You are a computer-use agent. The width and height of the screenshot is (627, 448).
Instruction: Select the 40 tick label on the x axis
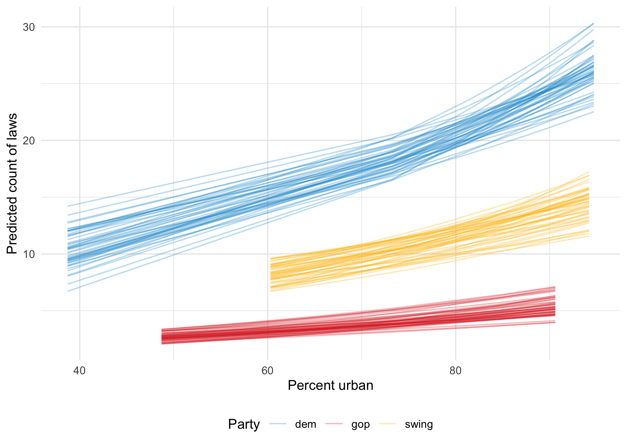point(80,371)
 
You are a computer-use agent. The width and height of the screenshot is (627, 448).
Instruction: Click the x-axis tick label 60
point(267,371)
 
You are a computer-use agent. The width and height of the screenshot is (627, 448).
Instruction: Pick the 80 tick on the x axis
point(455,371)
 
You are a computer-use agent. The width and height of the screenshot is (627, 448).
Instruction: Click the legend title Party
point(244,424)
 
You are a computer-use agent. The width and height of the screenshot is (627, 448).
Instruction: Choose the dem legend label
point(305,424)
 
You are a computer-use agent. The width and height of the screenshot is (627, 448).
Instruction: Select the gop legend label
point(360,424)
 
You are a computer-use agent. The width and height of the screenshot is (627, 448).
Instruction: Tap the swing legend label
point(419,424)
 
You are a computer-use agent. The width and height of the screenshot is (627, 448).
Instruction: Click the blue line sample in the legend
point(277,424)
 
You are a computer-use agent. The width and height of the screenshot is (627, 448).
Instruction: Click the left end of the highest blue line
point(68,206)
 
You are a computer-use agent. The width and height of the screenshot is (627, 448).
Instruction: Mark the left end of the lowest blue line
point(68,291)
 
